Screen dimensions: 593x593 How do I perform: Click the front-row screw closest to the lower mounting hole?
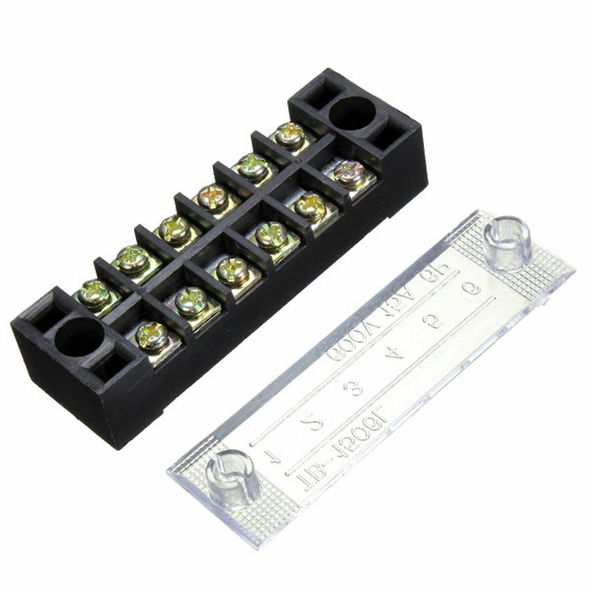(152, 336)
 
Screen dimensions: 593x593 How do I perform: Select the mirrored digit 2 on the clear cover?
(313, 423)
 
